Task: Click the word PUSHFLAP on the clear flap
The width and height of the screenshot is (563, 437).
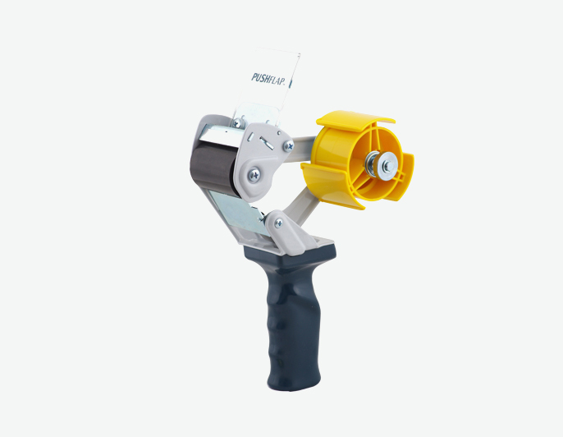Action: click(268, 79)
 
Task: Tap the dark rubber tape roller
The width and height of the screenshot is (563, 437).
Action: click(212, 168)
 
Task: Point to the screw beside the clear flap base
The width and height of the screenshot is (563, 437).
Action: click(237, 124)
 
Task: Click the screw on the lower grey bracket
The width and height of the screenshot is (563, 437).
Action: click(279, 223)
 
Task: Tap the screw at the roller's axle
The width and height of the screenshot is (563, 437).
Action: click(254, 175)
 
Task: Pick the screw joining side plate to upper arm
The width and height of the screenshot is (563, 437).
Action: click(288, 145)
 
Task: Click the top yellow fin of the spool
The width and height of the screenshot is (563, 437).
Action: click(355, 121)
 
